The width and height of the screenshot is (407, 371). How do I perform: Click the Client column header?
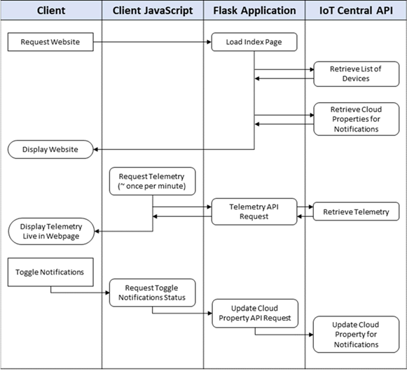click(x=50, y=12)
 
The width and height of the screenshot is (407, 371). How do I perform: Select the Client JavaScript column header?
click(x=153, y=12)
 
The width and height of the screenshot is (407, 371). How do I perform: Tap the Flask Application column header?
click(x=254, y=12)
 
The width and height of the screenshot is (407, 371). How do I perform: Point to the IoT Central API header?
click(x=355, y=12)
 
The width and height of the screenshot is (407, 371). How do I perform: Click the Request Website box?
click(x=50, y=42)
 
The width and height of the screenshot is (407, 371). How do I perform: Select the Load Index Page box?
click(x=254, y=42)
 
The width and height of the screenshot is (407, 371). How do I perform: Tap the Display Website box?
click(x=50, y=149)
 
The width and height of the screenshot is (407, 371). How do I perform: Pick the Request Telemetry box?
click(x=152, y=182)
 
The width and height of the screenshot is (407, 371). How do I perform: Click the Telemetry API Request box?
click(x=254, y=212)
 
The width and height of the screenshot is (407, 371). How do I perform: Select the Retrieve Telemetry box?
click(x=356, y=212)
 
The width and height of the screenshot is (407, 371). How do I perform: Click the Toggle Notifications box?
click(x=50, y=272)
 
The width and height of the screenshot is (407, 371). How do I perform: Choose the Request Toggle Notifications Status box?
click(x=152, y=292)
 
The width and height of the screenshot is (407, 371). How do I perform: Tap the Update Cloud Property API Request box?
click(x=254, y=312)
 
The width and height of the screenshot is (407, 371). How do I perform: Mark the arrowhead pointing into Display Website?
click(x=97, y=149)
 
